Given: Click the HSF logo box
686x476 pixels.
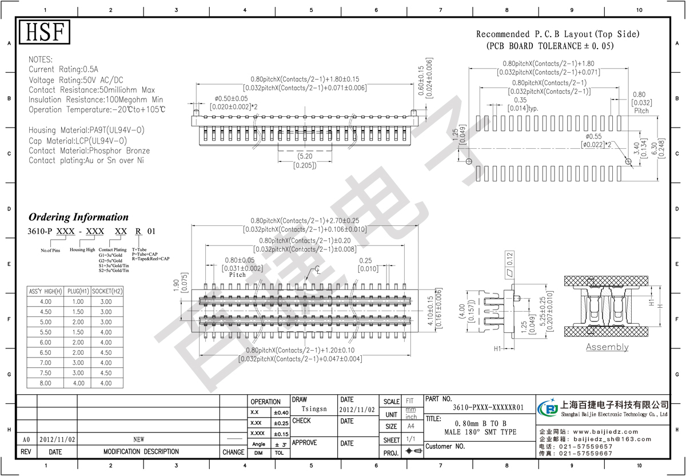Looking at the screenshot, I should coord(45,32).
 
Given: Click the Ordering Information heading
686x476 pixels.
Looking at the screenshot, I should coord(78,217).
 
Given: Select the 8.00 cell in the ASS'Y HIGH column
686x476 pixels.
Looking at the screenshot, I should coord(45,383).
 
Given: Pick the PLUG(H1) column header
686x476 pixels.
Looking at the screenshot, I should coord(76,291).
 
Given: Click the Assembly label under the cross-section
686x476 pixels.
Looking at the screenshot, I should coord(607,347).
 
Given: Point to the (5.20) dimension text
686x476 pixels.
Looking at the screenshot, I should coord(305,156).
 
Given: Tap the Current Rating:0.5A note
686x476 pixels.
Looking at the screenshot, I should coord(66,70).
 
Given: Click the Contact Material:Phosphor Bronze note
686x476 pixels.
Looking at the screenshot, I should coord(89,151).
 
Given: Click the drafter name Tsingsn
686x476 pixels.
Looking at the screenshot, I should coord(314,409).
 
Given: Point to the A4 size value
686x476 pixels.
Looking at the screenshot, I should coord(410,426).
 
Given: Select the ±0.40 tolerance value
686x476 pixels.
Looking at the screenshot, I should coord(281,412).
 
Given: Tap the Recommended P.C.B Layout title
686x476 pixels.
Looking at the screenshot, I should coord(557,34).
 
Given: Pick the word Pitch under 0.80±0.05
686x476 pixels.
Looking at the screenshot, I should coord(237,275).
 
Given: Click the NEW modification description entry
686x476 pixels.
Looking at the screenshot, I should coord(138,439).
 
